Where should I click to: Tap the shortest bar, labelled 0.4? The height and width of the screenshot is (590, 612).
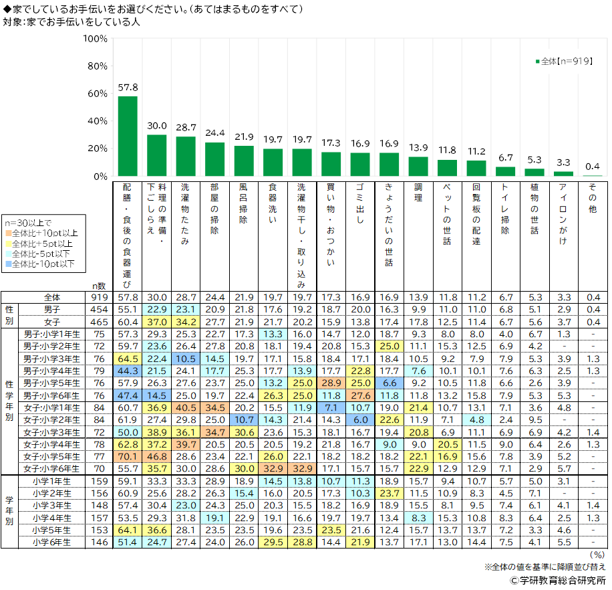pyautogui.click(x=592, y=175)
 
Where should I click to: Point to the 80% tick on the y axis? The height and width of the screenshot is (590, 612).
pyautogui.click(x=95, y=66)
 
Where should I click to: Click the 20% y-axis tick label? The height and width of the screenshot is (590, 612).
pyautogui.click(x=95, y=149)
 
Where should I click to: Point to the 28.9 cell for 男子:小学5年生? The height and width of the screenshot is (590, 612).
pyautogui.click(x=331, y=382)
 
